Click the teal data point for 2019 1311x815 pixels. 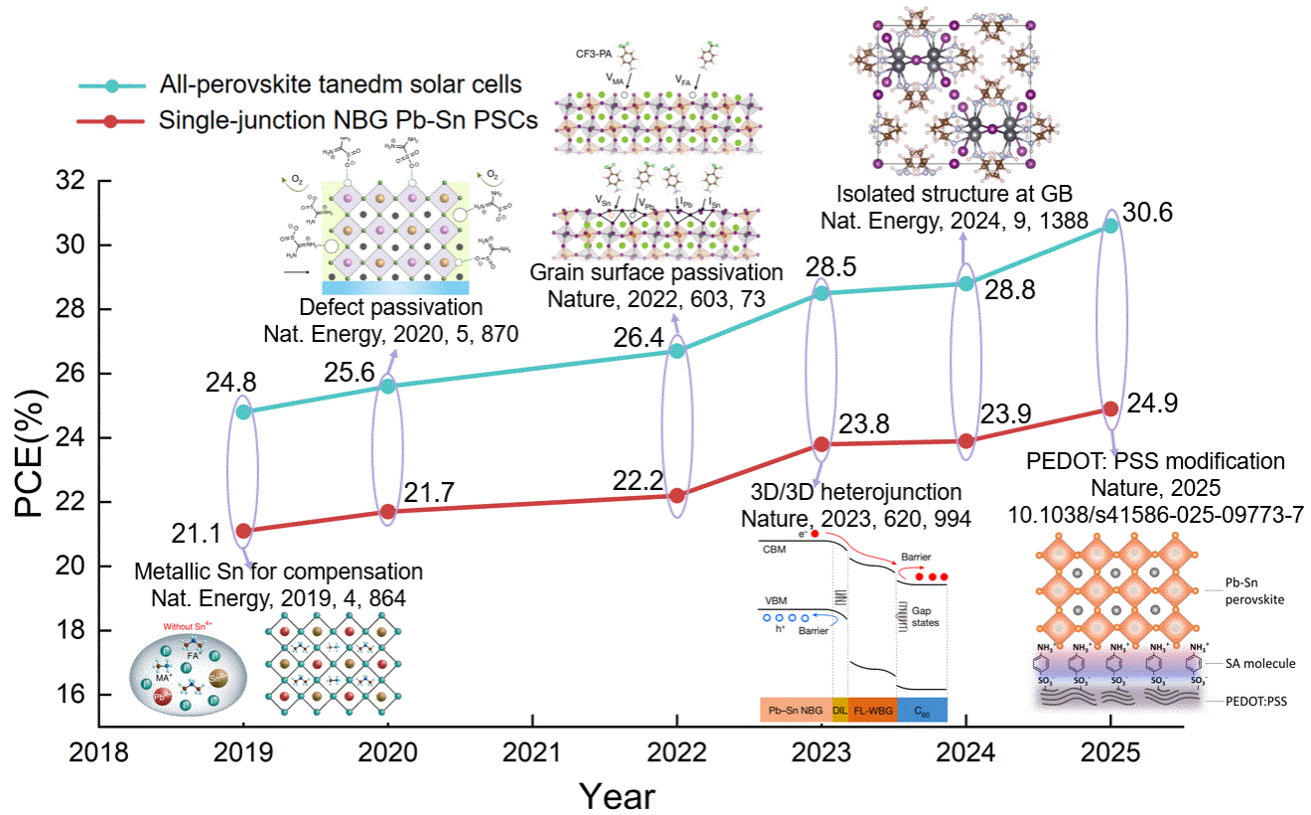(244, 411)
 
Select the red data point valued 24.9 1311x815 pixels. (1110, 408)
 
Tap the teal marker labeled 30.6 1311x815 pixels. (1110, 226)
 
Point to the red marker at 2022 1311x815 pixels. (677, 495)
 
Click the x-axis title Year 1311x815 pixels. (618, 795)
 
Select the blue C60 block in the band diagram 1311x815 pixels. (922, 709)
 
